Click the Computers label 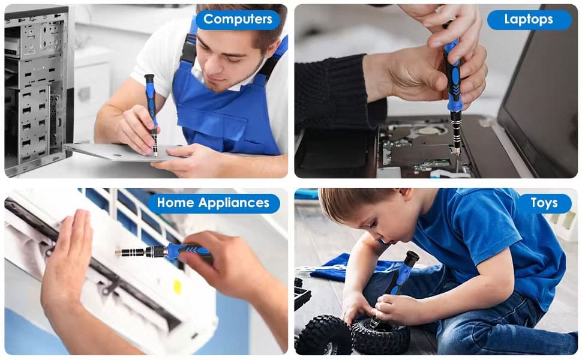(x=238, y=19)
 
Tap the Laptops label (x=529, y=20)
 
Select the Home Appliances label (x=213, y=203)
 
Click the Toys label (x=544, y=203)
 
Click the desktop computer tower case (x=37, y=89)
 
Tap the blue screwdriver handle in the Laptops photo (x=454, y=74)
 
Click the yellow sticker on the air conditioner (x=178, y=287)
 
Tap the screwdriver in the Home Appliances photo (x=163, y=251)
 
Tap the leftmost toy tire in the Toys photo (x=324, y=335)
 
